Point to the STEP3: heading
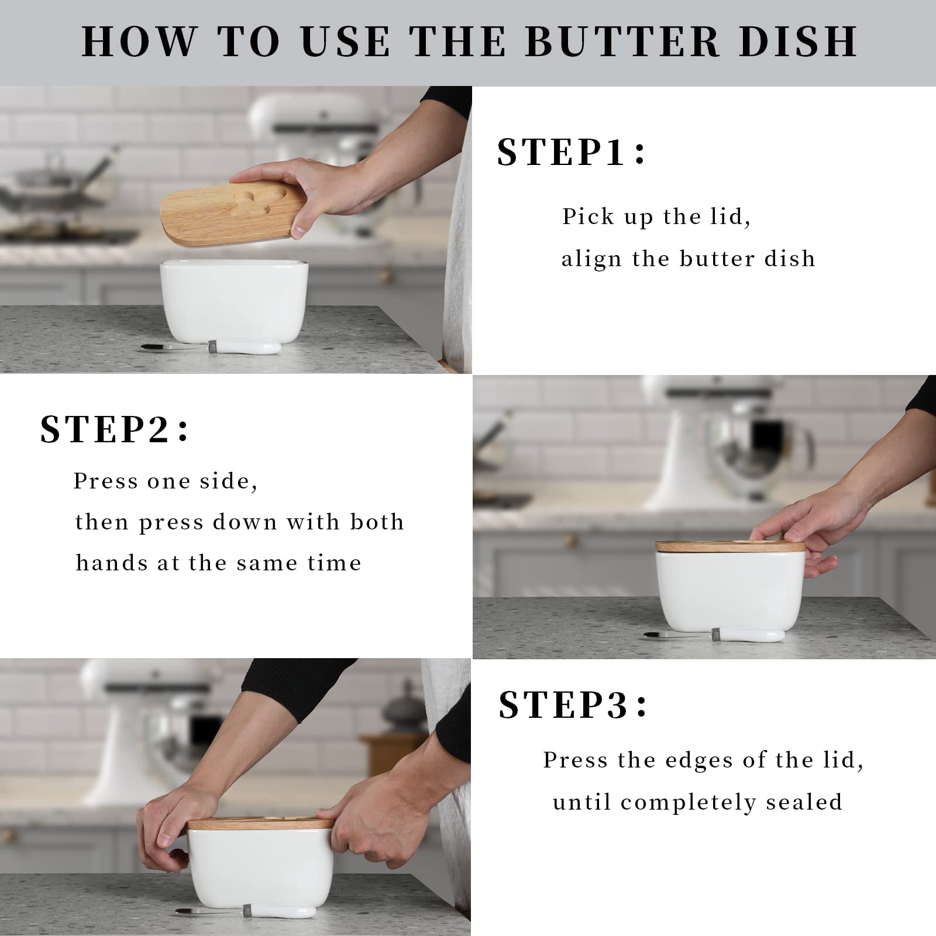coord(573,705)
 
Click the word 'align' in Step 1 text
coord(591,259)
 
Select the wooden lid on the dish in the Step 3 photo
coord(260,824)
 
